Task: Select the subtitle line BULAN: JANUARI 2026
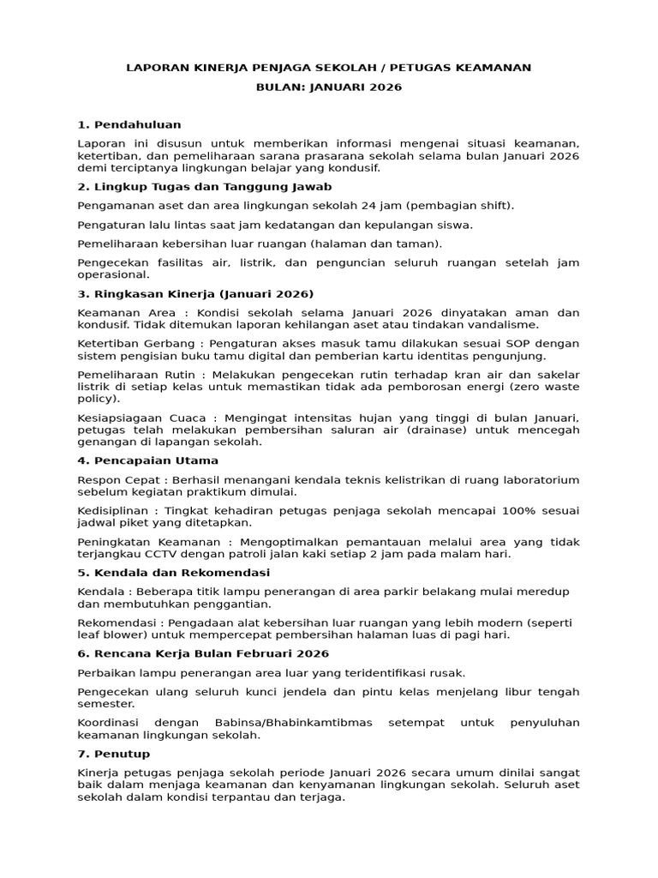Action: point(329,87)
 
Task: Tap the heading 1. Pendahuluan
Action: point(129,124)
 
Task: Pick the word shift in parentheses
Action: point(495,206)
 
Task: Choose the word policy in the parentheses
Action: point(96,399)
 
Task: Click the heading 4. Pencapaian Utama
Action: point(135,460)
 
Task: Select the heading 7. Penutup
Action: point(113,753)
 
